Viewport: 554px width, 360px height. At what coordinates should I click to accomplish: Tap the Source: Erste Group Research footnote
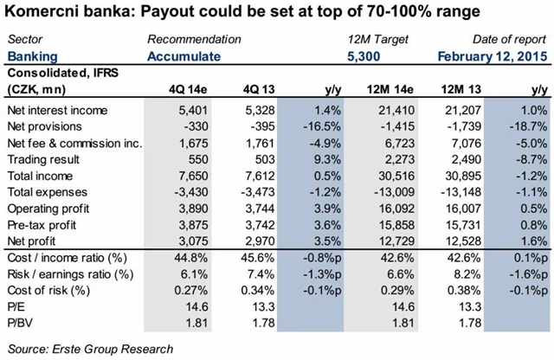[x=90, y=349]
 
